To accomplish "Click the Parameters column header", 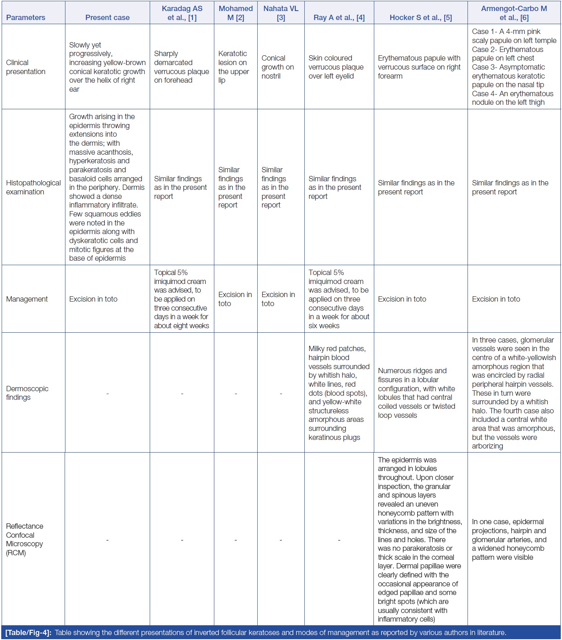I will coord(26,18).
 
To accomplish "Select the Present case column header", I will coord(107,18).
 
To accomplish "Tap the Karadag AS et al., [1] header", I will coord(182,13).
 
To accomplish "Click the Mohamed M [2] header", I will coord(236,13).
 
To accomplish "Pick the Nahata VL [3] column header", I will coord(281,13).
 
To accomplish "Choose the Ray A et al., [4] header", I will coord(339,18).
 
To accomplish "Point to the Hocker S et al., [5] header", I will coord(420,18).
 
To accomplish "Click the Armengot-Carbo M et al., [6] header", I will coord(514,13).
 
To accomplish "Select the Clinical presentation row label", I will coord(26,67).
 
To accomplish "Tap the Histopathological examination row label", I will coord(33,187).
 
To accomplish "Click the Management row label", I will coord(27,299).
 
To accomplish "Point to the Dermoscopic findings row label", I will coord(27,393).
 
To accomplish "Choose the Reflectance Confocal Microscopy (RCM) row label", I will coord(25,539).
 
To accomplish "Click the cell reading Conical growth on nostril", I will coord(277,67).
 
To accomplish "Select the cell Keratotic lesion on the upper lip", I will coord(233,67).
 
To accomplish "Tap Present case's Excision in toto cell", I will coord(93,299).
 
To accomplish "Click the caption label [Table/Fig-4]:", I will coord(28,633).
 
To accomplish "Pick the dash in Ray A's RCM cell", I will coord(339,540).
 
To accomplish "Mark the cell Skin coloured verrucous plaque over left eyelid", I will coord(336,67).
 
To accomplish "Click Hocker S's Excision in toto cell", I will coord(402,299).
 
